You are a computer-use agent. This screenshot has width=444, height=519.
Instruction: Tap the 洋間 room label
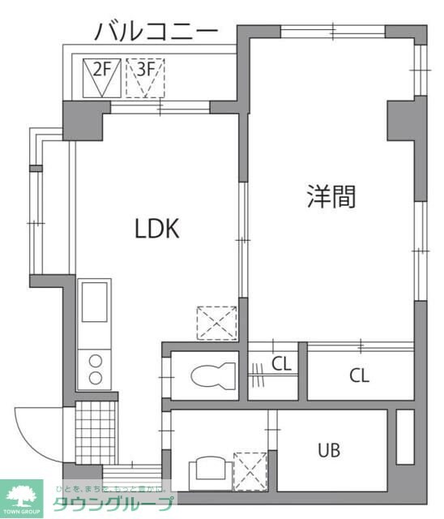click(331, 196)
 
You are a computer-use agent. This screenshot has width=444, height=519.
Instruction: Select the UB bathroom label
click(328, 449)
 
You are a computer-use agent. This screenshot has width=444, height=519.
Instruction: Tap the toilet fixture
click(212, 375)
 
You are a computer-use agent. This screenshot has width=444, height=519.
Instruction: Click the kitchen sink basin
click(96, 302)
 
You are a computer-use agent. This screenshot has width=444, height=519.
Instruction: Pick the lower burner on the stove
click(96, 377)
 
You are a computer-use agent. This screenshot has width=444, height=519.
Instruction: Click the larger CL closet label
click(360, 375)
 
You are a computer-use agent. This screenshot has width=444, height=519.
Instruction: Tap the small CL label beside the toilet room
click(281, 364)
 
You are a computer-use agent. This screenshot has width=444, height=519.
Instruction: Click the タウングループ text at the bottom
click(113, 504)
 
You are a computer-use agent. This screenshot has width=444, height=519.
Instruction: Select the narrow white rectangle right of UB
click(404, 437)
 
